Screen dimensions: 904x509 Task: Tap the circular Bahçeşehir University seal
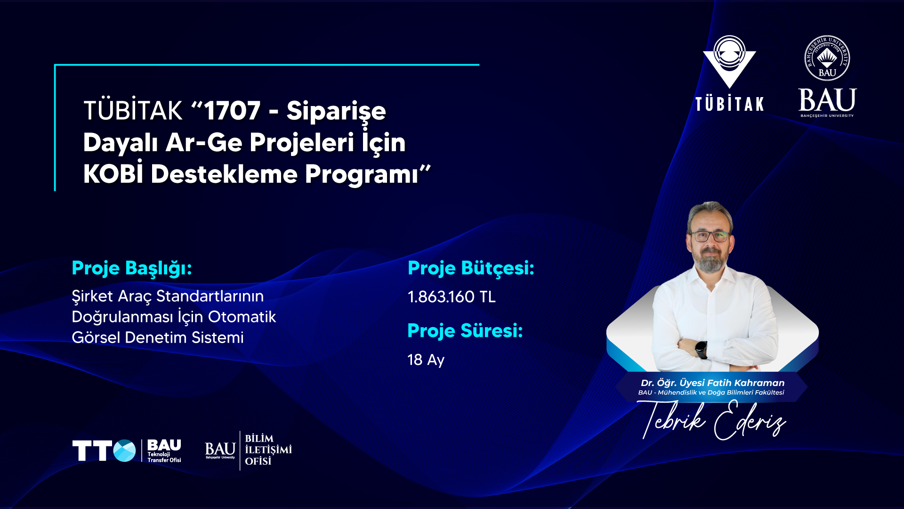click(x=827, y=58)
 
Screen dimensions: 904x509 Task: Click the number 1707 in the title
click(x=232, y=111)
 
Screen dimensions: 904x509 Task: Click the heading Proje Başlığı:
click(x=132, y=269)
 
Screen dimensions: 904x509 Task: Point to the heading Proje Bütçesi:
click(x=471, y=269)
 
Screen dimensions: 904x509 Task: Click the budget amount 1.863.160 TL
click(x=452, y=297)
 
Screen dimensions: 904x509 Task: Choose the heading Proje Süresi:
click(x=465, y=331)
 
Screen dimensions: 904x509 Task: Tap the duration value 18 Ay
click(x=426, y=360)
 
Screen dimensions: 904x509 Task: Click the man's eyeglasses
click(x=710, y=236)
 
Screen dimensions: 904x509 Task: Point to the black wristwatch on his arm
click(x=701, y=350)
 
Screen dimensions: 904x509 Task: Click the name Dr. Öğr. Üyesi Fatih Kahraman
click(x=712, y=383)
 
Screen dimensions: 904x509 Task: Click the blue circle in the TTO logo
click(x=124, y=451)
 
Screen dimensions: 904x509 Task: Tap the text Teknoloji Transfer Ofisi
click(x=164, y=457)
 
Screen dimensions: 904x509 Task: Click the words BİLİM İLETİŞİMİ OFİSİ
click(x=268, y=450)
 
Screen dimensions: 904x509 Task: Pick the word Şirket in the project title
click(x=92, y=296)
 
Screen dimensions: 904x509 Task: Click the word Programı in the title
click(x=361, y=174)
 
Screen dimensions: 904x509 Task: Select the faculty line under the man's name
click(x=711, y=393)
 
